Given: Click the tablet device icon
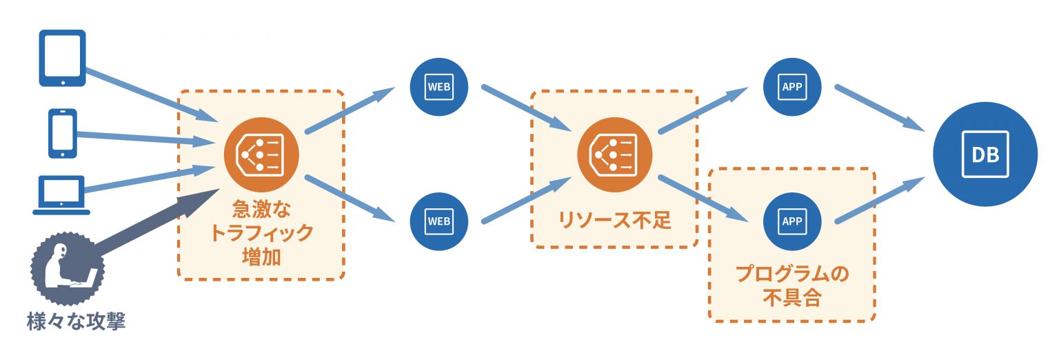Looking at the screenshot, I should point(62,58).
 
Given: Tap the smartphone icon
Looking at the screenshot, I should point(62,133).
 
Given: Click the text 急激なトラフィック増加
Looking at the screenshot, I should point(261,232).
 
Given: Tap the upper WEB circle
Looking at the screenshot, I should point(439,88).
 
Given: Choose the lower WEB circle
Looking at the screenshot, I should point(439,221).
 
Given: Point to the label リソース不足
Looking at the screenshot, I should point(614,221).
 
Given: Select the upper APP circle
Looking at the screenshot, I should point(793,87).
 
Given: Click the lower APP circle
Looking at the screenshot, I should point(793,221).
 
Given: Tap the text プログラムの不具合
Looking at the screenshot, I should point(792,286).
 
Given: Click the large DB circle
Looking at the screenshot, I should point(985,155).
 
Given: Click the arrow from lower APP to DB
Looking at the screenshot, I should point(879,201).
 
